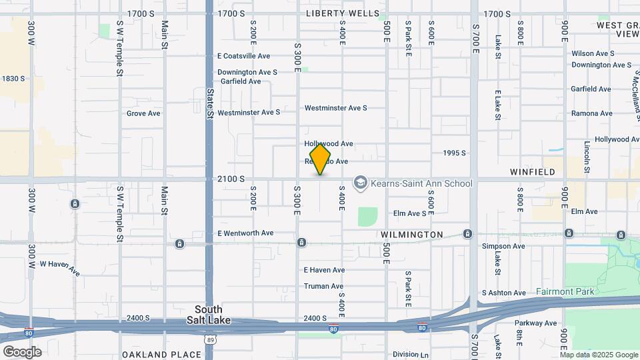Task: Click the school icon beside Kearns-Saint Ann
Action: [361, 183]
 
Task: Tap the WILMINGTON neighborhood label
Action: [412, 235]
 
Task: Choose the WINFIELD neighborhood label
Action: [533, 172]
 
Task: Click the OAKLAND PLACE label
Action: [161, 355]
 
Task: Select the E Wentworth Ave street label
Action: [245, 233]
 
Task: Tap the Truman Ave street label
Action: [323, 286]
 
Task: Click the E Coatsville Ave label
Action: [243, 57]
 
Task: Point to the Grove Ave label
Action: [143, 113]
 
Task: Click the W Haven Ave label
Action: [59, 268]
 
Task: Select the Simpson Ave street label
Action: [503, 246]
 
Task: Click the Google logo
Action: [22, 352]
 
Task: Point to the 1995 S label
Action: [454, 153]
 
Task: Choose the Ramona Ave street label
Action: [591, 113]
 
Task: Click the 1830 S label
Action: [13, 79]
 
